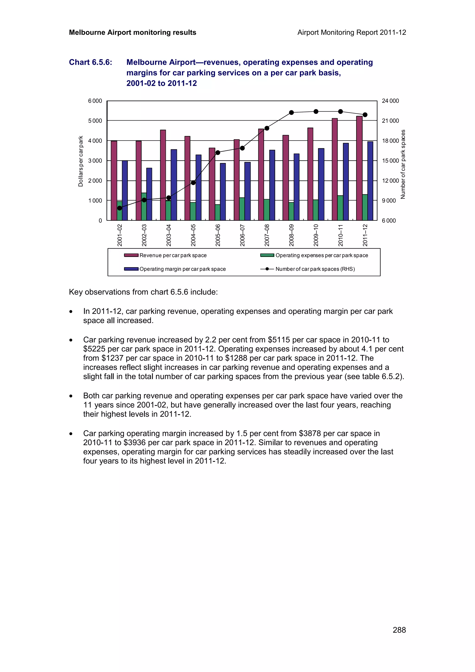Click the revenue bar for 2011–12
359,168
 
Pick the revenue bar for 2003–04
163,175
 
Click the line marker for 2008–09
291,112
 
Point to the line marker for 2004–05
193,183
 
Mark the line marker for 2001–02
119,208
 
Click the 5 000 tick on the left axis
95,121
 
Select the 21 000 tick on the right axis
390,121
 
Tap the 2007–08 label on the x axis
267,235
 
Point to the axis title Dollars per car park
80,161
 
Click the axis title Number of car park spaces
403,164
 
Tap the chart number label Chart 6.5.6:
90,62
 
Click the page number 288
399,630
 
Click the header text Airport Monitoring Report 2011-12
351,32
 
